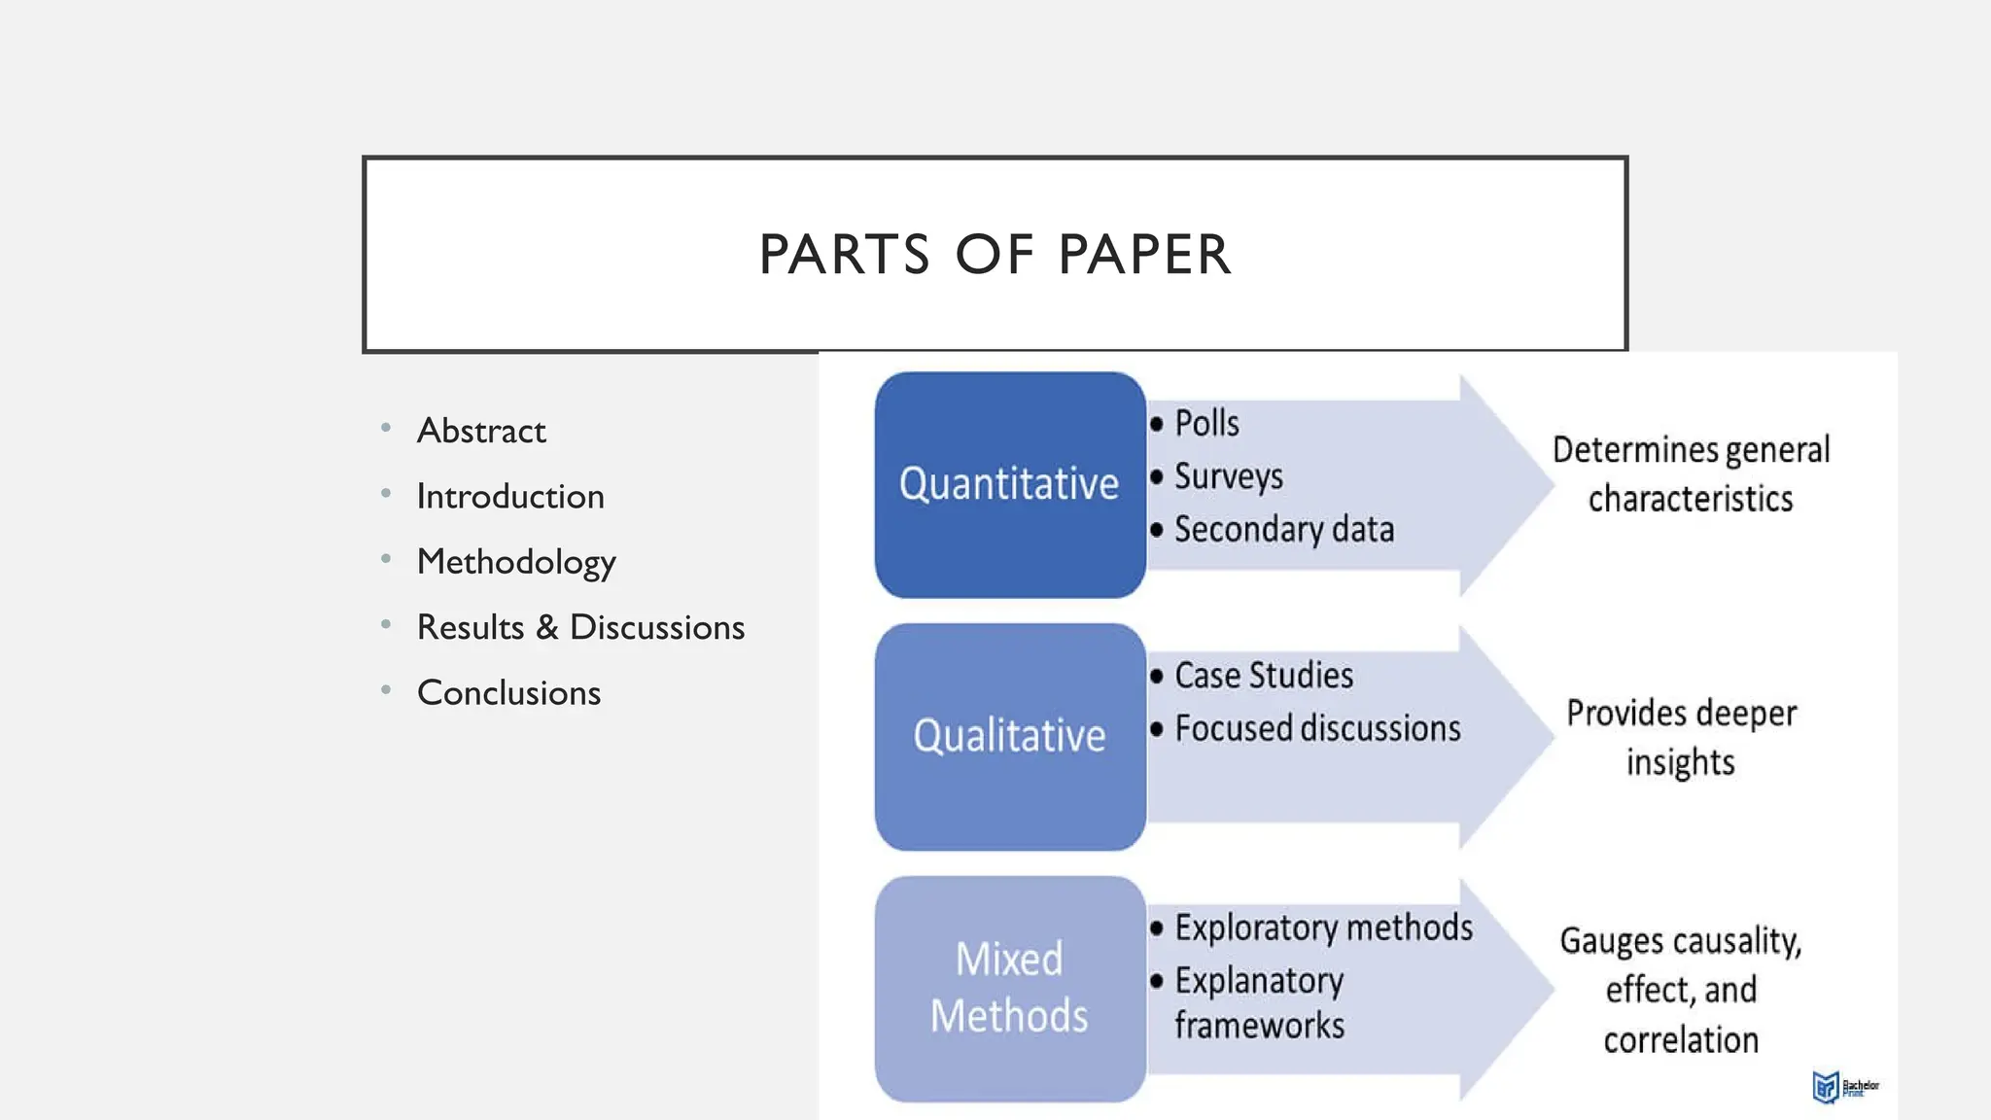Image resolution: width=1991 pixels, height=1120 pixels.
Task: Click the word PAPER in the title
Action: tap(1144, 255)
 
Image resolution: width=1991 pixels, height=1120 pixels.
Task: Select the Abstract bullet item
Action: tap(481, 431)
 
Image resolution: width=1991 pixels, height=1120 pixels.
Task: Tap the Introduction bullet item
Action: tap(510, 497)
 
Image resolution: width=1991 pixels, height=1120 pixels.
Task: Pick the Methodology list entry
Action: tap(516, 562)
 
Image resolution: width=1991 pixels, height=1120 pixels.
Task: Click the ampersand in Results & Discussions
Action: tap(547, 627)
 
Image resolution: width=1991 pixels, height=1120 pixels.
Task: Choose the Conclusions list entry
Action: tap(508, 693)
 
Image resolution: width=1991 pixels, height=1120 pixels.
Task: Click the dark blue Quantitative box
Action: tap(1009, 484)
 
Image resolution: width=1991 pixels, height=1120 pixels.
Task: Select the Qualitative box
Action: tap(1009, 736)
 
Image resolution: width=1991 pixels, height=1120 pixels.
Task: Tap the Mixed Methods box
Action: tap(1009, 988)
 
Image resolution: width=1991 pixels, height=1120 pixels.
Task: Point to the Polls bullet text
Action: tap(1206, 424)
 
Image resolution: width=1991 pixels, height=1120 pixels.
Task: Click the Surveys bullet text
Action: tap(1228, 476)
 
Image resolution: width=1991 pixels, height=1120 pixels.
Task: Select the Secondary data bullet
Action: tap(1283, 530)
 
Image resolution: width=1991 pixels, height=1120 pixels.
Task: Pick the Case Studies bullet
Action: tap(1263, 676)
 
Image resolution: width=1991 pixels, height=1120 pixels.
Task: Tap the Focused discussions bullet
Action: tap(1316, 729)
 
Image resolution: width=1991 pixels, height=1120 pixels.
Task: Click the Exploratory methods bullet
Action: tap(1323, 927)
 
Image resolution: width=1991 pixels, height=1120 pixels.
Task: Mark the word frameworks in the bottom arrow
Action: tap(1259, 1026)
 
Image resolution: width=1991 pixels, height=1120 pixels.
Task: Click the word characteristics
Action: tap(1690, 499)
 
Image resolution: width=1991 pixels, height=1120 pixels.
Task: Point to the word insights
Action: tap(1680, 762)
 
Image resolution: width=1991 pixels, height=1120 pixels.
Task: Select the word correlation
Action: tap(1680, 1040)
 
